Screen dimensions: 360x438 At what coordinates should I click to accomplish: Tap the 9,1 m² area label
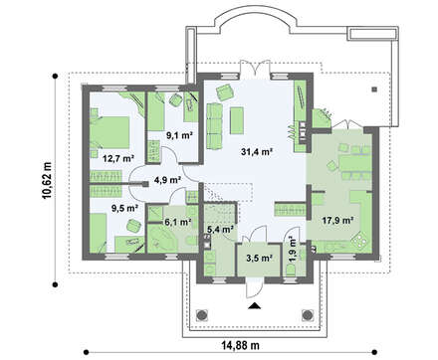[178, 135]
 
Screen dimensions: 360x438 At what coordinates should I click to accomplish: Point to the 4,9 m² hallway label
[166, 180]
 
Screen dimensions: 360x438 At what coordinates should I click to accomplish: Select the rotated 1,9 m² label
[292, 247]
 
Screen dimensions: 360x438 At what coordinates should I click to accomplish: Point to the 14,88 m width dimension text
[233, 345]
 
